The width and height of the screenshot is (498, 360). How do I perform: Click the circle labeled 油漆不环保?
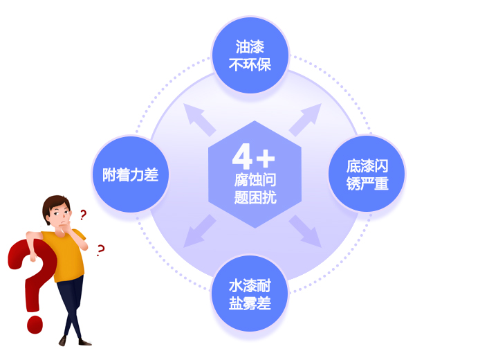pyautogui.click(x=250, y=55)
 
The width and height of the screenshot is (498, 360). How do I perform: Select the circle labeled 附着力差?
pyautogui.click(x=130, y=174)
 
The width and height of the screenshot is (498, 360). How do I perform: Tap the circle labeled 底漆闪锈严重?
pyautogui.click(x=367, y=174)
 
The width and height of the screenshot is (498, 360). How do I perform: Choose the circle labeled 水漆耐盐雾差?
pyautogui.click(x=250, y=294)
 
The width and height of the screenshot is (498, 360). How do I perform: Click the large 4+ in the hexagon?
pyautogui.click(x=253, y=156)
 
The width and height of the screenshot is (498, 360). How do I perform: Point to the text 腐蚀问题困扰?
pyautogui.click(x=255, y=188)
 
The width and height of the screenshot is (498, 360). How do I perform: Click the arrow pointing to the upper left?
pyautogui.click(x=199, y=119)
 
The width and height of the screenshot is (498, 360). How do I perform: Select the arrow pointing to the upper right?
pyautogui.click(x=306, y=119)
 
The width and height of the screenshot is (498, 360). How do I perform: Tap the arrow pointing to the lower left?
pyautogui.click(x=199, y=231)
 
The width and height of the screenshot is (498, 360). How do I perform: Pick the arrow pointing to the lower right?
pyautogui.click(x=306, y=231)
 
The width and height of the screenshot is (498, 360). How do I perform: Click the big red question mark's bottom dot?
pyautogui.click(x=35, y=325)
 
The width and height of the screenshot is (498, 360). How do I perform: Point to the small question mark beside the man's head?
pyautogui.click(x=83, y=215)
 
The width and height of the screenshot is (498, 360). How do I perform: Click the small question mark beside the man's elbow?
pyautogui.click(x=101, y=251)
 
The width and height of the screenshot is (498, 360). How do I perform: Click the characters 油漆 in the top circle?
pyautogui.click(x=250, y=47)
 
